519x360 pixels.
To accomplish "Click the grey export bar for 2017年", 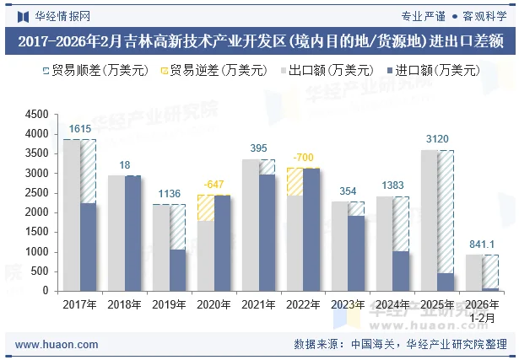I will [x=72, y=215].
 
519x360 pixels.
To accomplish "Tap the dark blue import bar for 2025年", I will [x=446, y=282].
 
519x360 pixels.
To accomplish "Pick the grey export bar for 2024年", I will [x=384, y=244].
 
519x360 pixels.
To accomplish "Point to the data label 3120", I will [x=437, y=139].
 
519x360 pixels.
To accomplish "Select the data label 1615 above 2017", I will [x=80, y=129].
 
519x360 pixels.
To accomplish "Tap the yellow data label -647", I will [x=214, y=184].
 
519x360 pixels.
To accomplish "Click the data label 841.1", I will [x=482, y=244].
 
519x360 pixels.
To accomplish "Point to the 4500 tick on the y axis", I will [x=36, y=115].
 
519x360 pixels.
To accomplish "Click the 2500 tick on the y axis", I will [x=36, y=193].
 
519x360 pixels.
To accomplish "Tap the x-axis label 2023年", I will [x=348, y=304].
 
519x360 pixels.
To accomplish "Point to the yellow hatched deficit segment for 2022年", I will [x=295, y=181].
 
